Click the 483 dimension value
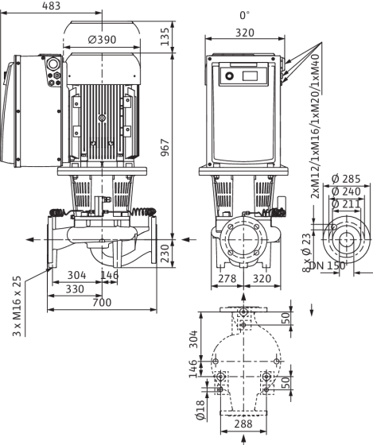pos(52,6)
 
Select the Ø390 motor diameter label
pos(103,40)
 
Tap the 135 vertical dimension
pos(165,37)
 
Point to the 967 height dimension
pos(165,147)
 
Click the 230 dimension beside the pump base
pos(165,253)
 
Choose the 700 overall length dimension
pos(102,303)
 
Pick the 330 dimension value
pos(75,289)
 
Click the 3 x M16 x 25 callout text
pos(17,306)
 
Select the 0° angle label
pos(244,15)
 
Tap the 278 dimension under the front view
pos(227,278)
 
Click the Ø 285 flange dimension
pos(346,179)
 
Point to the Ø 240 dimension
pos(346,192)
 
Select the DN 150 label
pos(327,266)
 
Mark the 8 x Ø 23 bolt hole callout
pos(306,253)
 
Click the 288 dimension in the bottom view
pos(243,424)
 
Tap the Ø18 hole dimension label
pos(200,411)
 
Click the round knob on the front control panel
pos(229,76)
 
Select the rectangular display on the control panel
pos(250,76)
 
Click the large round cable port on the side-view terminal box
pos(52,64)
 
